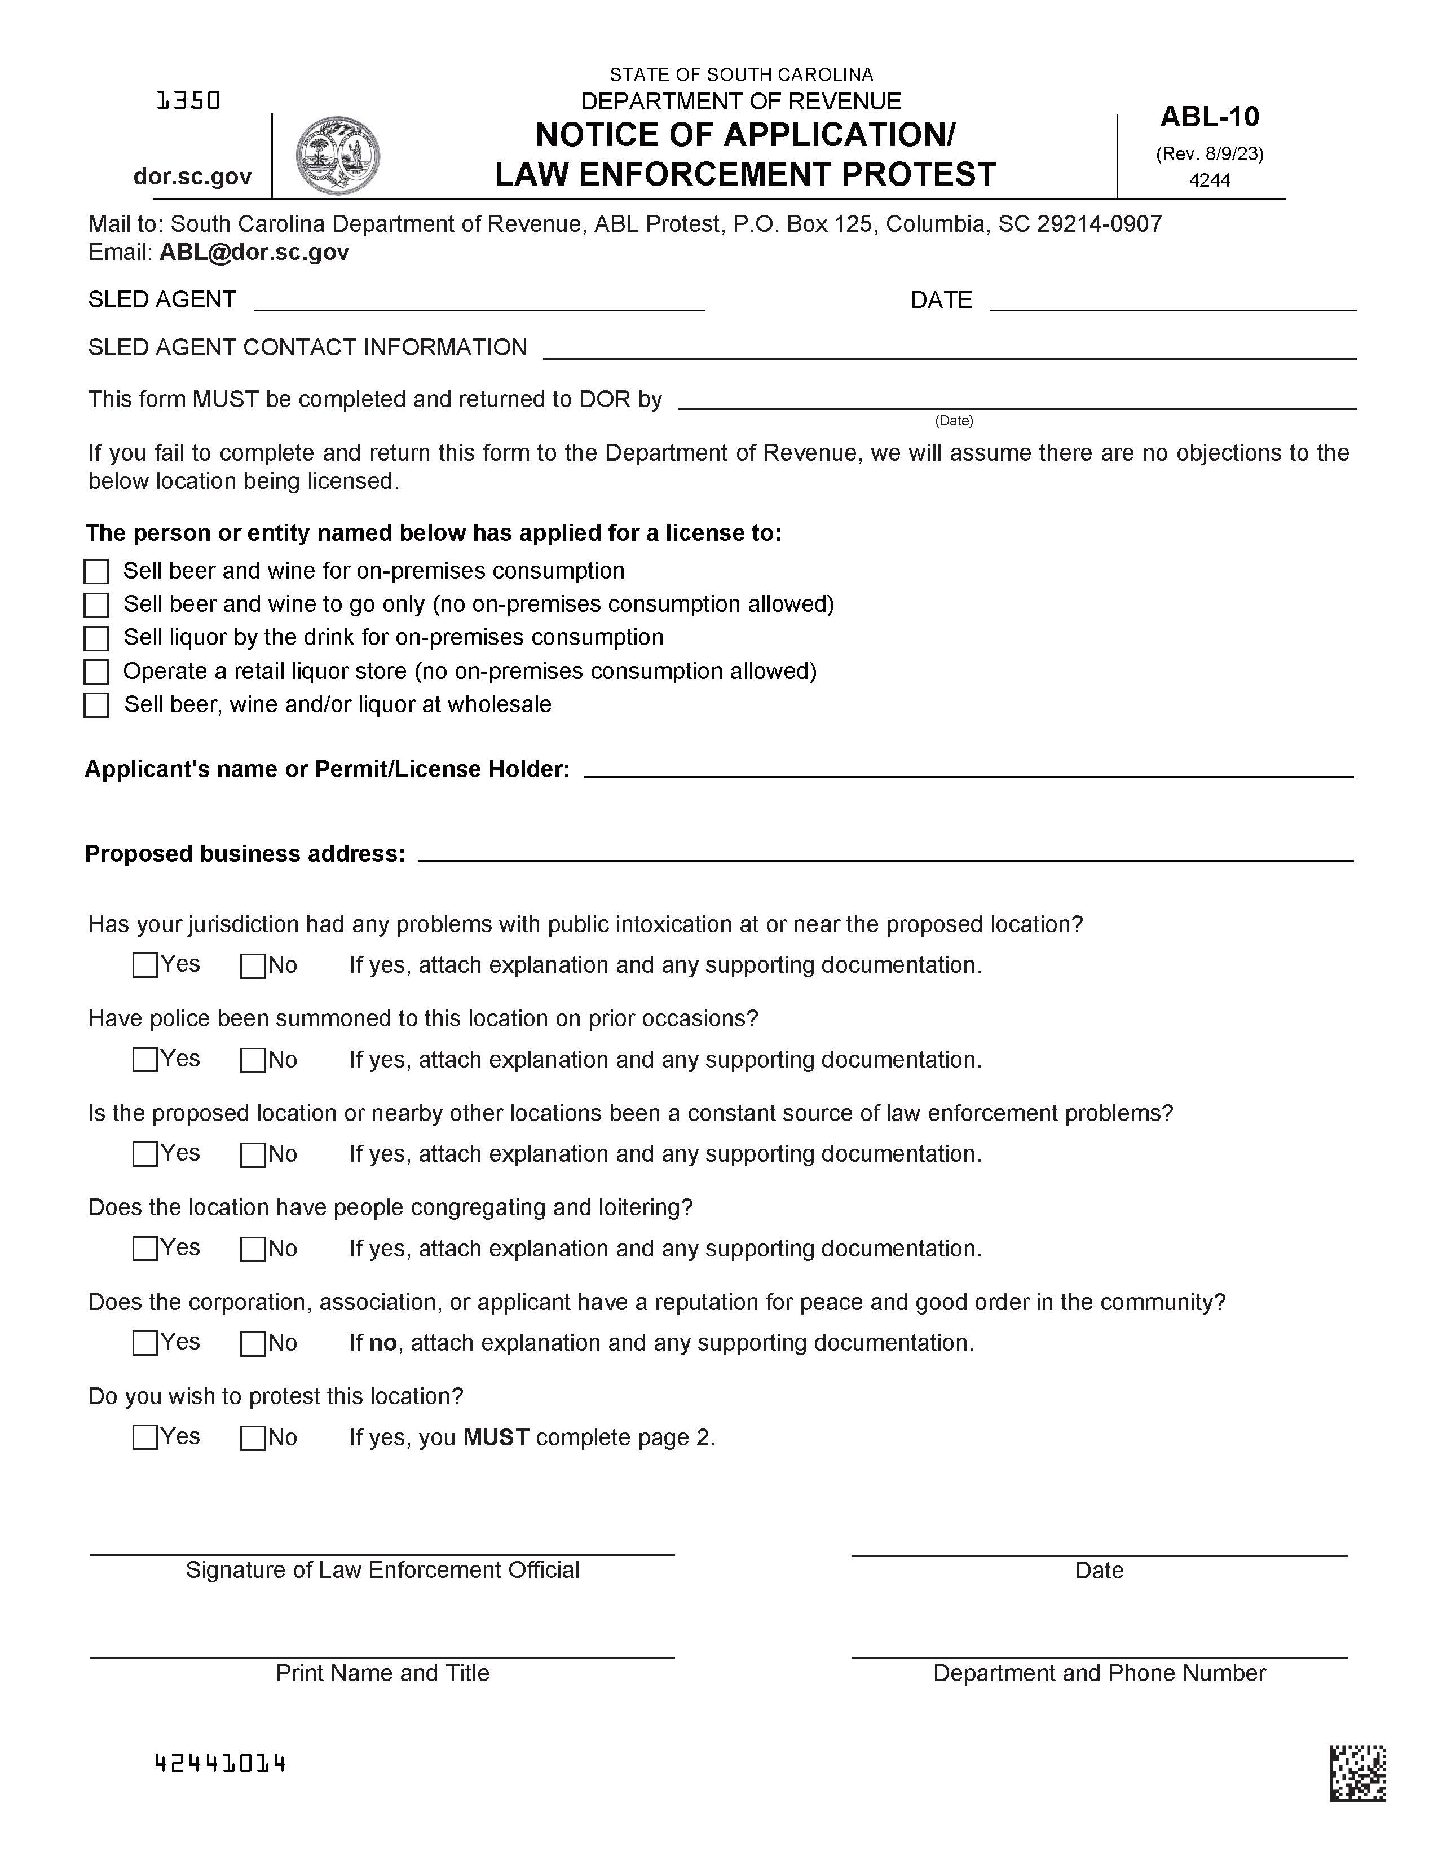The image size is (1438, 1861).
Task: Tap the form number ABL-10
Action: point(1209,117)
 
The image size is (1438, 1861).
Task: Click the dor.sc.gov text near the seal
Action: point(192,177)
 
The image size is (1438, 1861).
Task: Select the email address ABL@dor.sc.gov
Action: point(254,252)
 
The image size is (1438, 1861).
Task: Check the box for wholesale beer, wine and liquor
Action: point(96,705)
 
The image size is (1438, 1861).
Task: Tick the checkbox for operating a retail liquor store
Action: point(96,672)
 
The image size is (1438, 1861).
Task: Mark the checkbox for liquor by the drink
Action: point(96,638)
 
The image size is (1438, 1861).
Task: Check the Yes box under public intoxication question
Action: point(145,965)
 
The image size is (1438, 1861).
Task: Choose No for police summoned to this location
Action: point(252,1060)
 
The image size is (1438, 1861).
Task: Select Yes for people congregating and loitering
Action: point(145,1249)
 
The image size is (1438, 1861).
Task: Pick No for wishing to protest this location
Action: point(252,1439)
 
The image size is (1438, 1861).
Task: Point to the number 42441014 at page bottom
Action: point(220,1763)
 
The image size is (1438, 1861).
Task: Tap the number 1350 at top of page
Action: point(188,102)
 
